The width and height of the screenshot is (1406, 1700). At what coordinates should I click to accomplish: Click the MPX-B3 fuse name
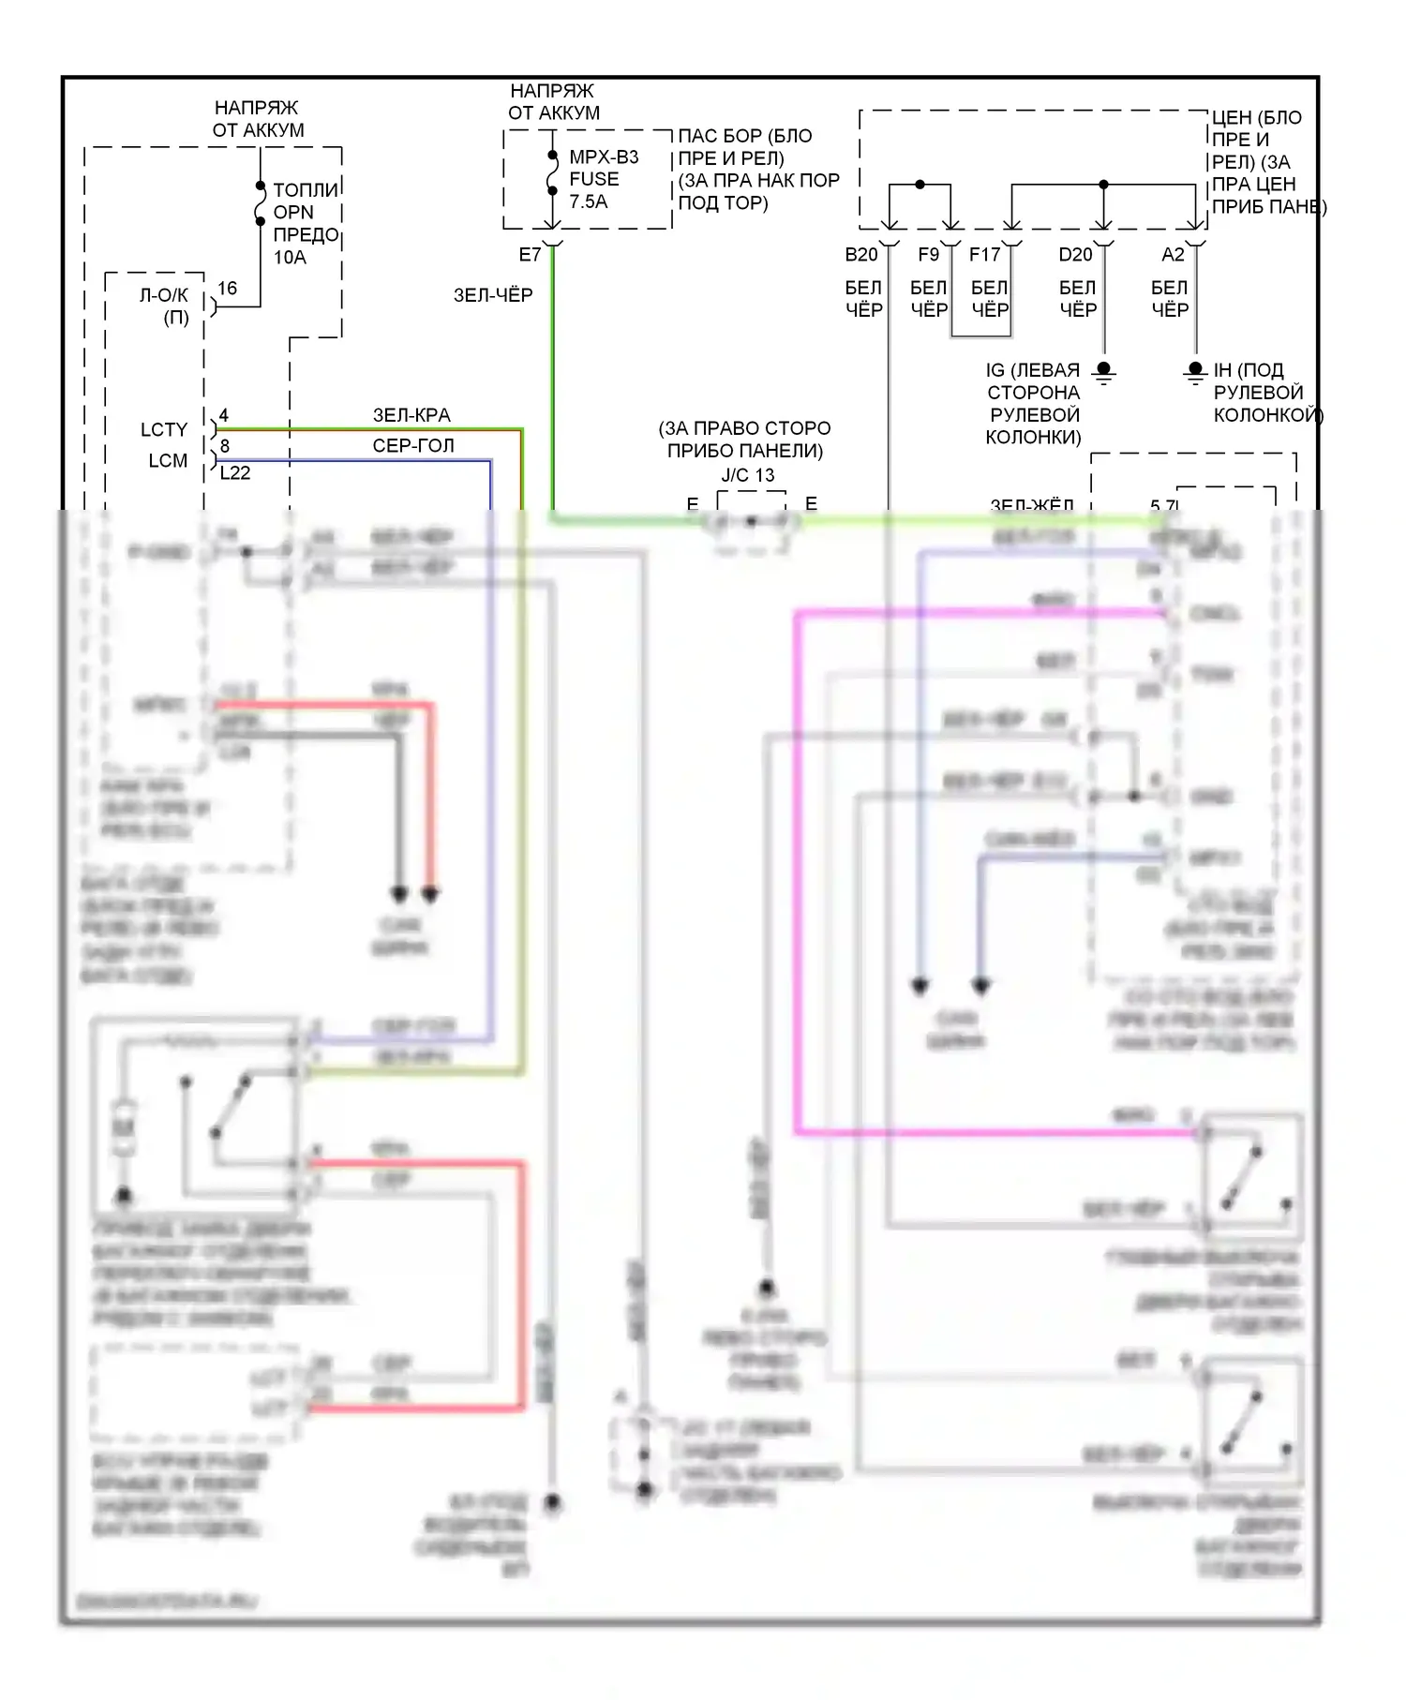point(604,157)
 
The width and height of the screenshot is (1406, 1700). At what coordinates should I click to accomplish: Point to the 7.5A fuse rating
point(588,201)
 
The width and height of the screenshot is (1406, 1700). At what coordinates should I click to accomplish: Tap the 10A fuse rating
point(290,257)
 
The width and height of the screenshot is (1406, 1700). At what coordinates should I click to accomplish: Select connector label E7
point(530,255)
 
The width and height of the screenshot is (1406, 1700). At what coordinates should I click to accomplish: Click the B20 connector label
point(860,255)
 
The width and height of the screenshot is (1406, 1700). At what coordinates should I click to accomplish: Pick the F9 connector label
point(928,255)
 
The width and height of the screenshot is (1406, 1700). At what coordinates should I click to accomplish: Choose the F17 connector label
point(984,255)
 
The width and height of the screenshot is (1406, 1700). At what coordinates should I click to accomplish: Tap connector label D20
point(1075,255)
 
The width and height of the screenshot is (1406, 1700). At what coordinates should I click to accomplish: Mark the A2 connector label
point(1173,255)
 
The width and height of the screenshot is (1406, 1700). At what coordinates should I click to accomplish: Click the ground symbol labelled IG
point(1104,372)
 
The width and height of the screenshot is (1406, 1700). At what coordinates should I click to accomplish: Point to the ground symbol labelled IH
point(1195,372)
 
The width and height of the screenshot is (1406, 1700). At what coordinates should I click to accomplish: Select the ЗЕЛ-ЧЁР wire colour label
point(493,295)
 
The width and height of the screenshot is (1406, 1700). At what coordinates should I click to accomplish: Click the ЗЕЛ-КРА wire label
point(411,415)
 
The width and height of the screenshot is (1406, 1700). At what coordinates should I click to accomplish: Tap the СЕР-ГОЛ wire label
point(413,446)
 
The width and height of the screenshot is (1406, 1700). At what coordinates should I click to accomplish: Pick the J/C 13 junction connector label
point(748,475)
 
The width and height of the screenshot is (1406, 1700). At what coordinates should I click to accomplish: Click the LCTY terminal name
point(164,430)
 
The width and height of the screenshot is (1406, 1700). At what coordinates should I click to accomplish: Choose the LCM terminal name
point(168,461)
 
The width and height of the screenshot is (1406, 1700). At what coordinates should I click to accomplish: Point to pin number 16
point(227,289)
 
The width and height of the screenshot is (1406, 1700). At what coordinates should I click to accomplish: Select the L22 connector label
point(234,473)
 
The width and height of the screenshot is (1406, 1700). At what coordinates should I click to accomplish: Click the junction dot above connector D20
point(1103,185)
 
